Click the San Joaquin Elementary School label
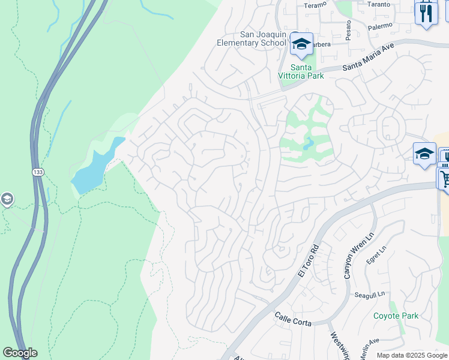[255, 38]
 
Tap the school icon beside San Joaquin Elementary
[301, 44]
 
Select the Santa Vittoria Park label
[300, 71]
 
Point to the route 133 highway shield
[37, 172]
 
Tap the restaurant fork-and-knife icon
[426, 13]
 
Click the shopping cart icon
[444, 178]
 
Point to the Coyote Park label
[396, 316]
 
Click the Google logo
[20, 353]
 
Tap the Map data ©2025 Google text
[412, 355]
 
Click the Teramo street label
[315, 4]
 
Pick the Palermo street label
[379, 26]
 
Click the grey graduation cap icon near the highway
[7, 200]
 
